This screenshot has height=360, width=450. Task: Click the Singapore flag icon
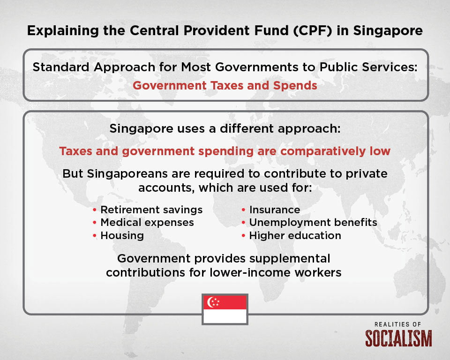pyautogui.click(x=225, y=309)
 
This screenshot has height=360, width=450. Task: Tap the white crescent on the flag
pyautogui.click(x=210, y=302)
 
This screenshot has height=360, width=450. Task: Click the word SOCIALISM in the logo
pyautogui.click(x=398, y=338)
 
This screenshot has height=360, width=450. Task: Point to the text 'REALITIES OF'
pyautogui.click(x=398, y=324)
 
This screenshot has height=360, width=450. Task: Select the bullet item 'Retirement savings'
pyautogui.click(x=151, y=210)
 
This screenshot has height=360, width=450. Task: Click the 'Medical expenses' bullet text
pyautogui.click(x=147, y=223)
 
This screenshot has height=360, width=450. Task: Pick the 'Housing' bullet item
pyautogui.click(x=122, y=235)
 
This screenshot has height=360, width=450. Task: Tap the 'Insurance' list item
pyautogui.click(x=275, y=210)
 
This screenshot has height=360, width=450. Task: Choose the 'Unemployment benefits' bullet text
pyautogui.click(x=313, y=223)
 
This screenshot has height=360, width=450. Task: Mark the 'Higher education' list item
pyautogui.click(x=295, y=235)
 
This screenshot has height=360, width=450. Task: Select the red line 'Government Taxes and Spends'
pyautogui.click(x=225, y=86)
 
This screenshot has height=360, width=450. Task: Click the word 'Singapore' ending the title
pyautogui.click(x=388, y=31)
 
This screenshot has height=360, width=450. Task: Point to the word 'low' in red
pyautogui.click(x=380, y=151)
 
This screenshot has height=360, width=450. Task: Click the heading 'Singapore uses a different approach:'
pyautogui.click(x=225, y=128)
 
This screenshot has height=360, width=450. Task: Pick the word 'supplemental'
pyautogui.click(x=290, y=259)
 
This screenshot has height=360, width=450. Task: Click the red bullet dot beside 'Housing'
pyautogui.click(x=94, y=236)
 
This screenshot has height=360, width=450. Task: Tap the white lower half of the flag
pyautogui.click(x=225, y=316)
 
